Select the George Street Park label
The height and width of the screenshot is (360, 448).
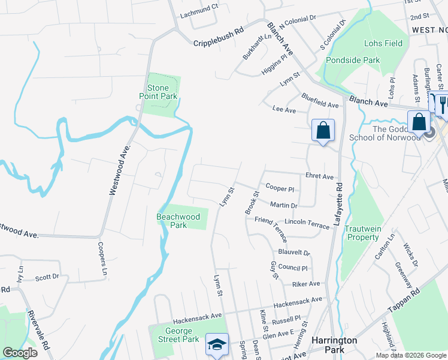point(178,335)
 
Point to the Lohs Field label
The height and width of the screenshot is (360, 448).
point(383,43)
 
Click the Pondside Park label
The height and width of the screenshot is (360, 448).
point(353,61)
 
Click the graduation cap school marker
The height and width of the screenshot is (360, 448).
point(217,345)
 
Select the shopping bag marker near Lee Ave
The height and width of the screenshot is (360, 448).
point(323,130)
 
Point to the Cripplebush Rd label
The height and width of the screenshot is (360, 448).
point(218,43)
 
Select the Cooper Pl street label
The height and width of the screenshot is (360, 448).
point(280,188)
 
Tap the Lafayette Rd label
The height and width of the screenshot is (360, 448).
point(338,204)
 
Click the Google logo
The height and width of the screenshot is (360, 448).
point(20,353)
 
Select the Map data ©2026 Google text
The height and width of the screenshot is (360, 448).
point(411,355)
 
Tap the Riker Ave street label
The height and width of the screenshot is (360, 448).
point(306,283)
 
